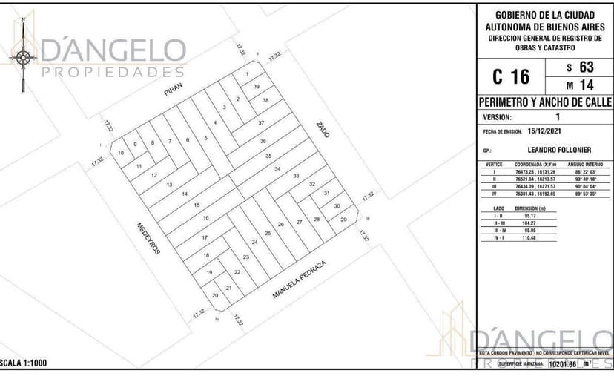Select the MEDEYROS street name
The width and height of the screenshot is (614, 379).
(x=148, y=238)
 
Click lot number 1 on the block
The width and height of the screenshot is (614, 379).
(x=246, y=74)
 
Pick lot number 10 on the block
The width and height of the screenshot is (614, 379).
(x=121, y=153)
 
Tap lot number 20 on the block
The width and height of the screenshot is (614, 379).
(x=215, y=295)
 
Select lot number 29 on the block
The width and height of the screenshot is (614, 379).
(x=343, y=220)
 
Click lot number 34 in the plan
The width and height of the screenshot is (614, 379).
(x=277, y=169)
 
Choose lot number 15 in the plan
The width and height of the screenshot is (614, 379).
(x=197, y=205)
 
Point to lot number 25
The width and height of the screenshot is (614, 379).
(x=268, y=233)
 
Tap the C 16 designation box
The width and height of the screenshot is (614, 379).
(x=510, y=76)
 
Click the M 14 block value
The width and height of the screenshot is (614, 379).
(x=580, y=85)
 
